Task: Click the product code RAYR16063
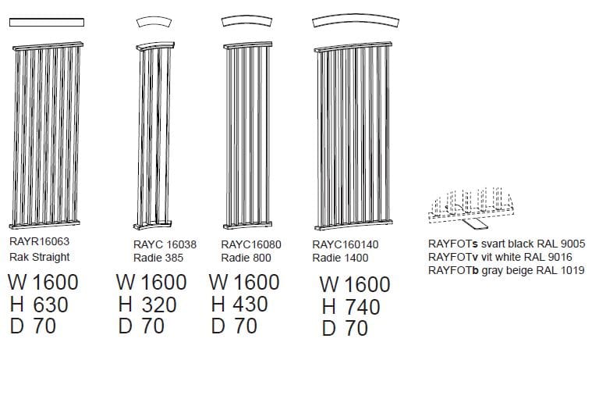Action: (39, 241)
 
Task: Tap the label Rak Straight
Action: (39, 257)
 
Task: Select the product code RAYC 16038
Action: (165, 244)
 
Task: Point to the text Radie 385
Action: (158, 258)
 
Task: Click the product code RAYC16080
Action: (251, 244)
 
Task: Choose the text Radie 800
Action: (246, 258)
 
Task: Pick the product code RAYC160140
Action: (346, 244)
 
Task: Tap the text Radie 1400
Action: (340, 258)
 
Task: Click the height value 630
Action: (51, 305)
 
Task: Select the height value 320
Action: (159, 305)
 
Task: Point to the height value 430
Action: (250, 304)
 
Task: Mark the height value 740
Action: (363, 307)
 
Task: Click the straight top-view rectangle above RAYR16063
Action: (47, 23)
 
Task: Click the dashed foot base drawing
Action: (471, 208)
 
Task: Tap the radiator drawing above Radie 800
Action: (248, 135)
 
